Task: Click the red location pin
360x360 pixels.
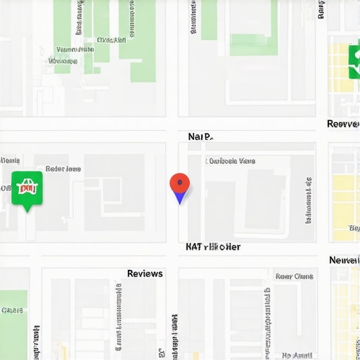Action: point(180,185)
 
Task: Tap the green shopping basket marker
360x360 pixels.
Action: point(27,188)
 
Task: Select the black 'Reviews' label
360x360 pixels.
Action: point(145,274)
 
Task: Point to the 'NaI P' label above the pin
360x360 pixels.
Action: point(200,136)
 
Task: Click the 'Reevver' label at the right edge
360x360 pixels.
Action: point(344,124)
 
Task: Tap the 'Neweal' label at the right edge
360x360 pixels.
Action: point(345,260)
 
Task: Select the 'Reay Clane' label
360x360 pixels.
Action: point(294,276)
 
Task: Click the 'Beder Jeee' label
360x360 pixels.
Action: point(63,169)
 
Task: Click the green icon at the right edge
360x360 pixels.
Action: point(354,62)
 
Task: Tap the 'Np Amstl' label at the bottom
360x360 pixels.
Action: point(297,355)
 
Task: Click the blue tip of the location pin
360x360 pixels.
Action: point(180,200)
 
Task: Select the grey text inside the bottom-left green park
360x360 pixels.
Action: point(12,310)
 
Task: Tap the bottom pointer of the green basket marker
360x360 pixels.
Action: point(27,208)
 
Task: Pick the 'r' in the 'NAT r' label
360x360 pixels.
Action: point(205,247)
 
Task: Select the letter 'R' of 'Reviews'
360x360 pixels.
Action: point(131,274)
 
